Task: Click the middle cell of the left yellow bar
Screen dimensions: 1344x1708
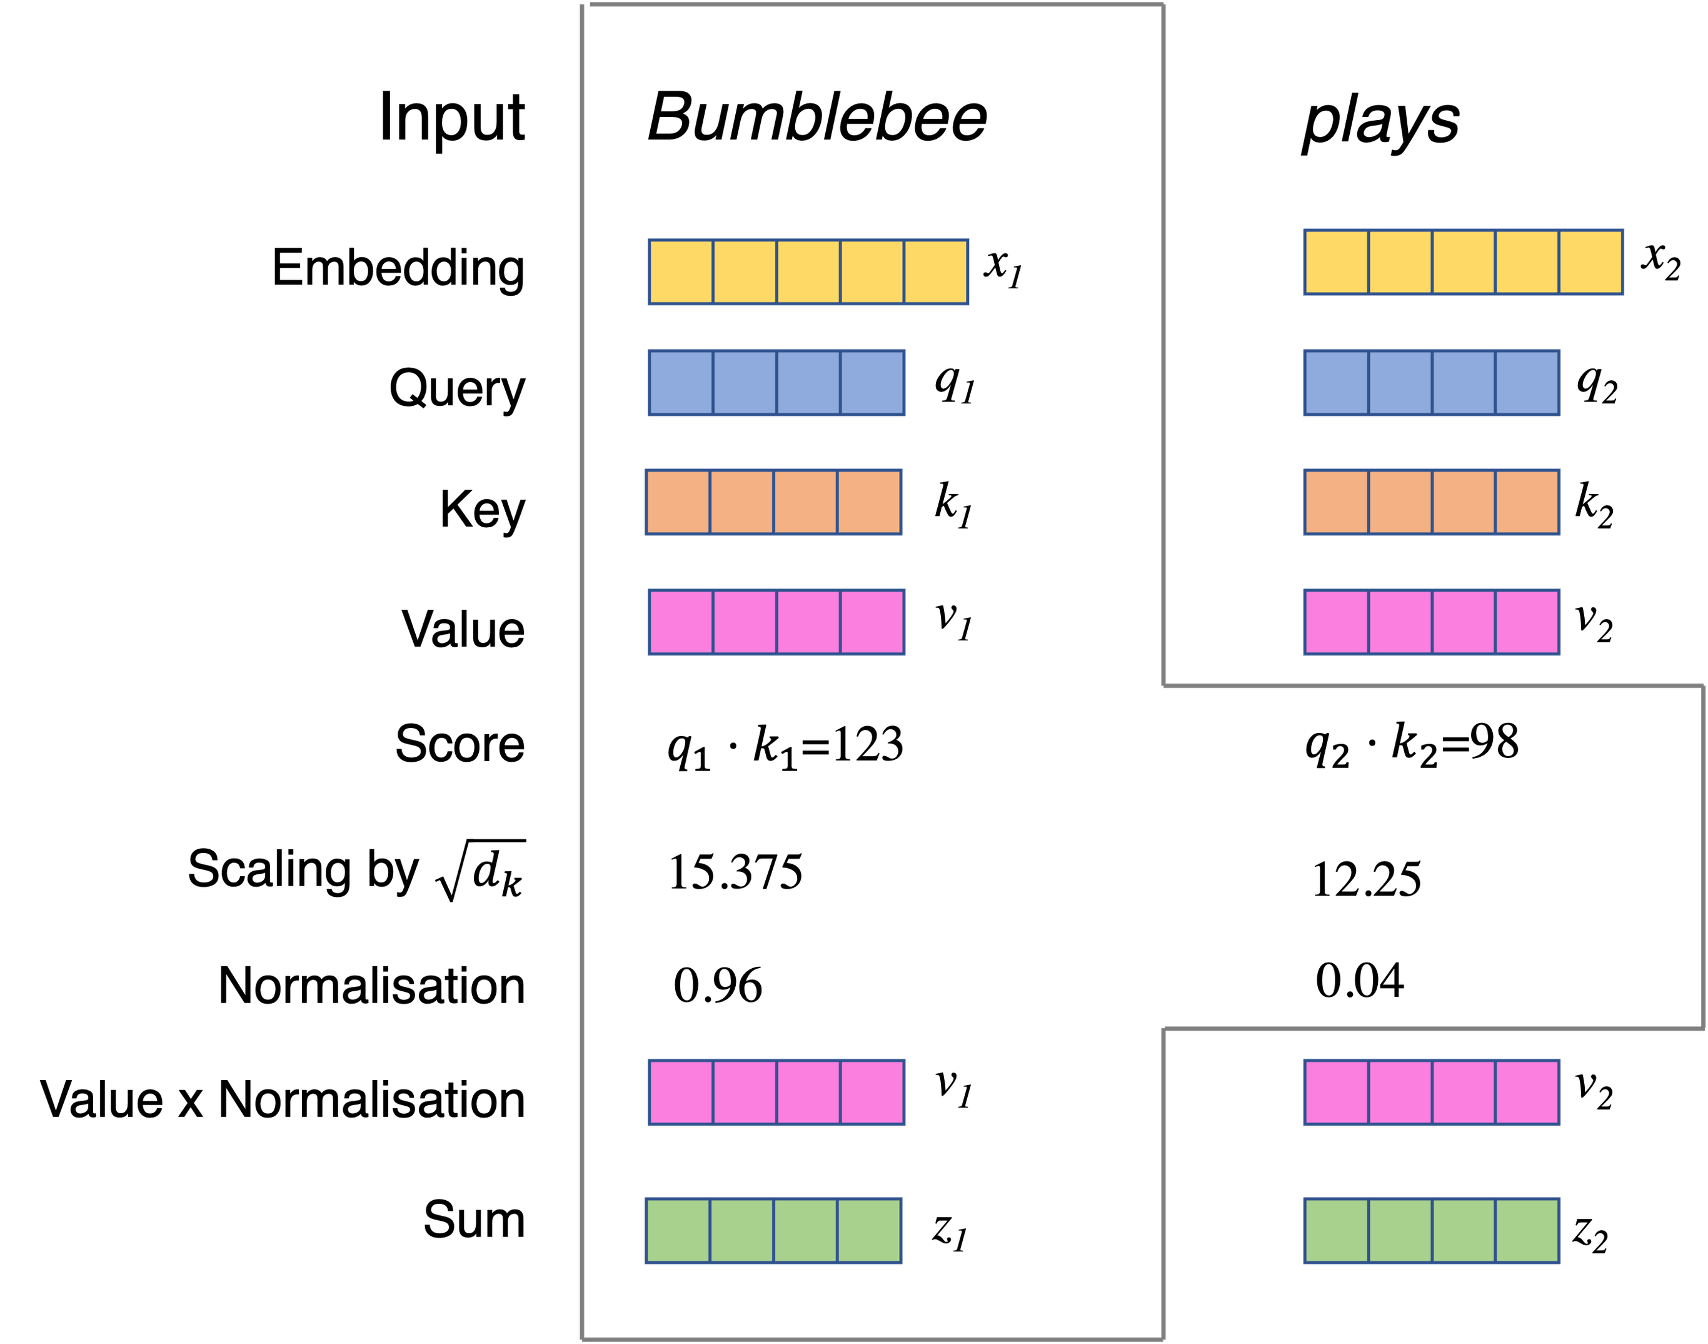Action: (x=808, y=272)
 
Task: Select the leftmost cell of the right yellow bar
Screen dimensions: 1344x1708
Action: (x=1336, y=263)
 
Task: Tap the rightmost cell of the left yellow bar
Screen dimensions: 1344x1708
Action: (x=935, y=272)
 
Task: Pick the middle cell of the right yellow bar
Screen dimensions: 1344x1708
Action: (x=1464, y=263)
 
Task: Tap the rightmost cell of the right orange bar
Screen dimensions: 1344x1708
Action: (x=1527, y=503)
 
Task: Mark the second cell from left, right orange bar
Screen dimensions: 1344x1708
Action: (x=1400, y=503)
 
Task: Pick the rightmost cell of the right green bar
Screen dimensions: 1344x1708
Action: (x=1527, y=1231)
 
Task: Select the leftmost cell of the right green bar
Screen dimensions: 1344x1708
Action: (x=1336, y=1231)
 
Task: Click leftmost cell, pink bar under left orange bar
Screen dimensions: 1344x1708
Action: (x=681, y=622)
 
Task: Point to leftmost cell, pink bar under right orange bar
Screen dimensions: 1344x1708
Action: (x=1336, y=622)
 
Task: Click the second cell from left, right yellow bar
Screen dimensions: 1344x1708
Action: (x=1400, y=263)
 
